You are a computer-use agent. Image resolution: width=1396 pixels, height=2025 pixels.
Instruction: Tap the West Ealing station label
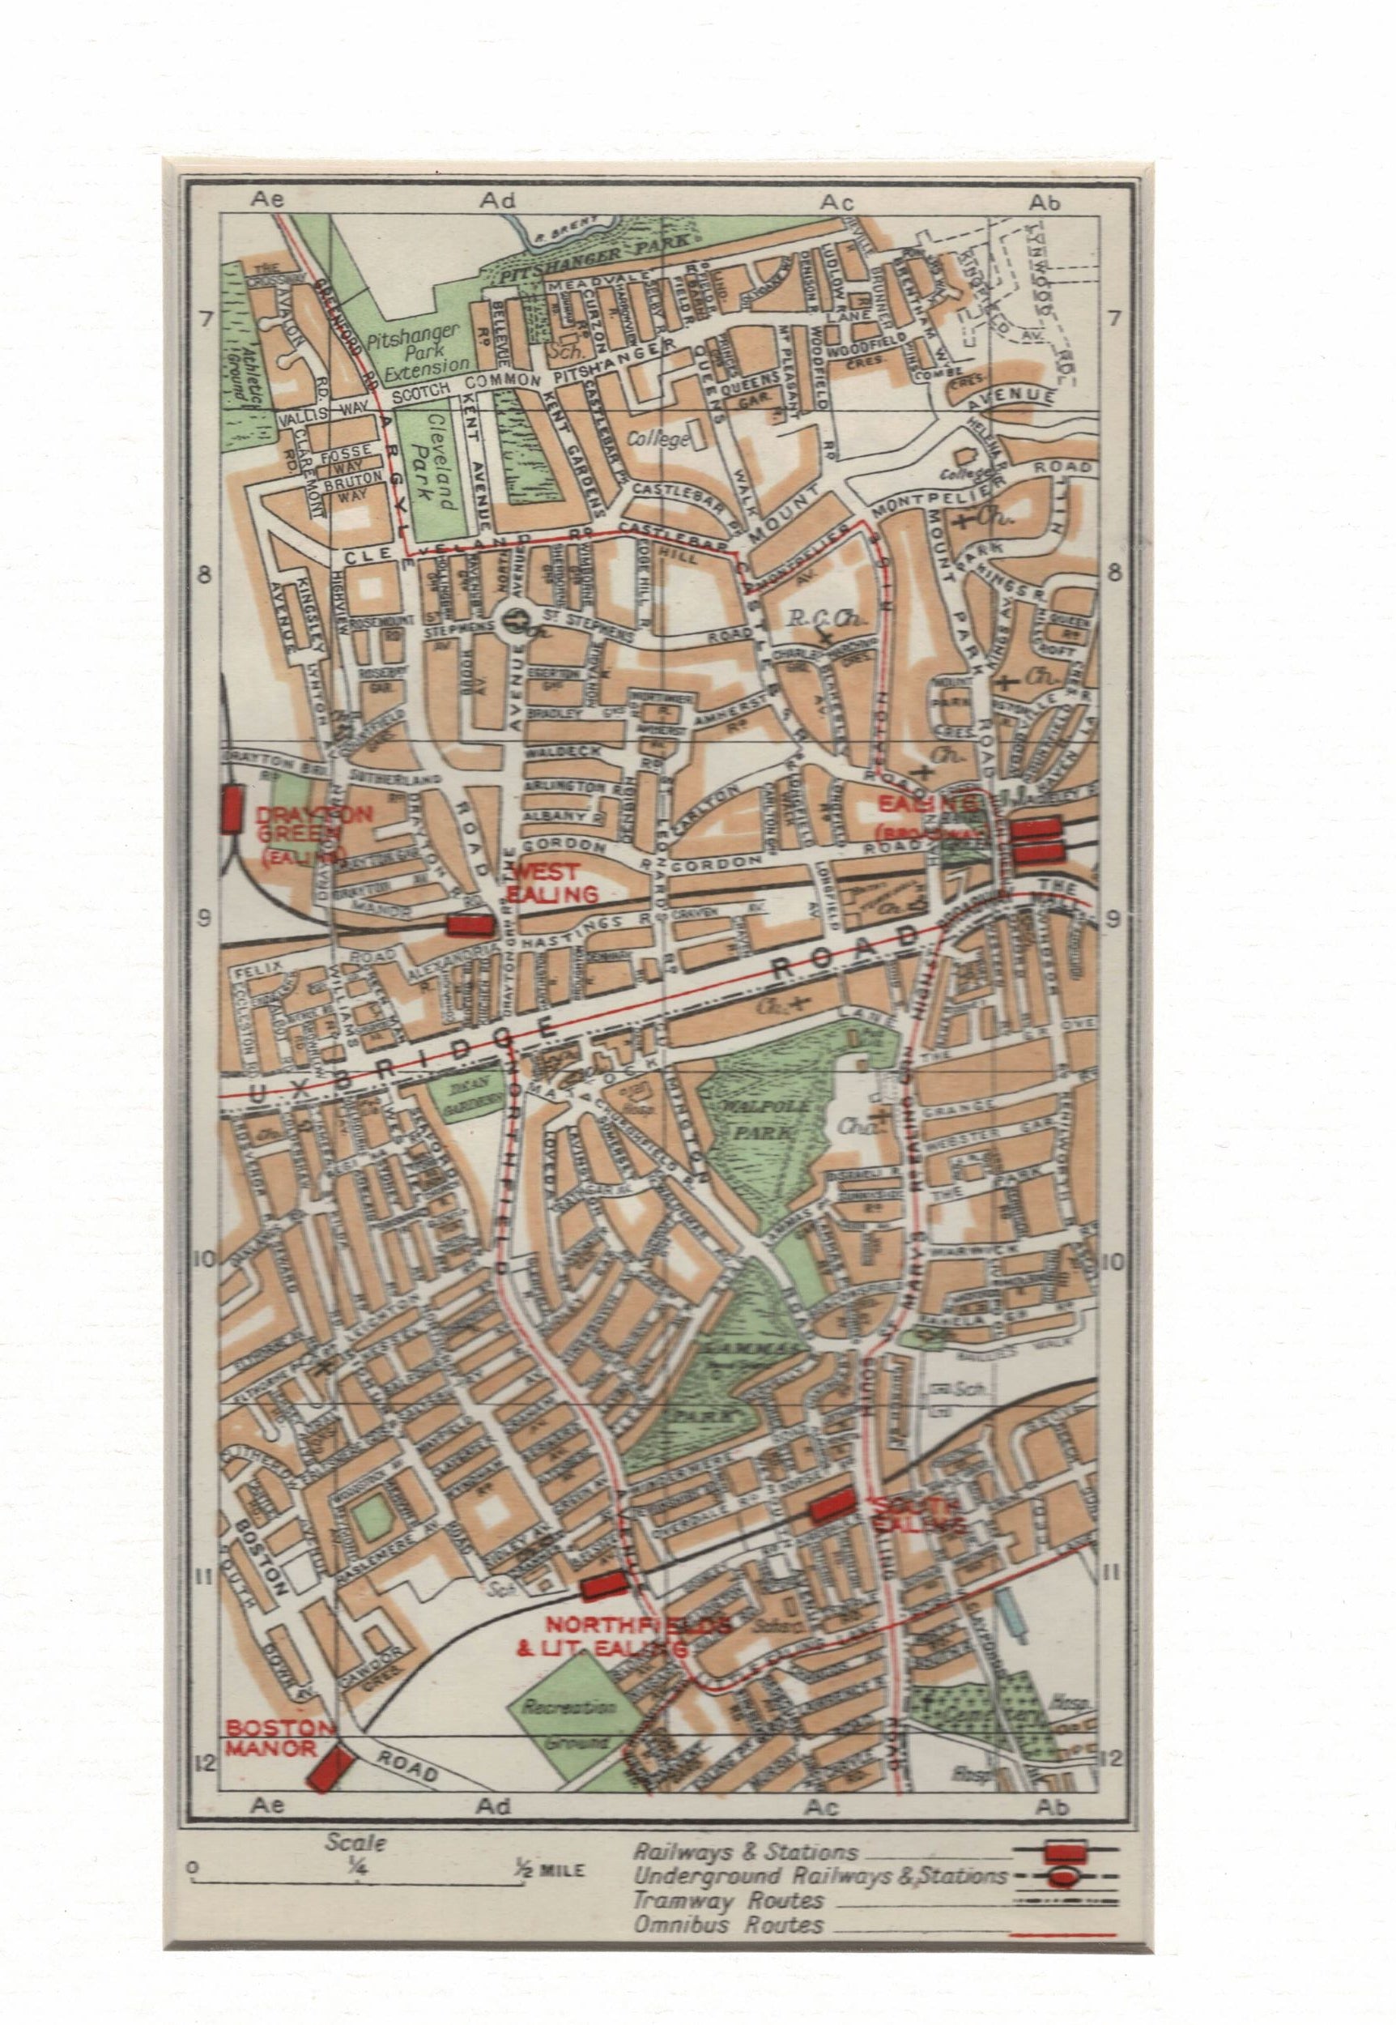[x=555, y=883]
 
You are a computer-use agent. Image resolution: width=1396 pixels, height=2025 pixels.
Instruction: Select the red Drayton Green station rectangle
[x=232, y=808]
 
